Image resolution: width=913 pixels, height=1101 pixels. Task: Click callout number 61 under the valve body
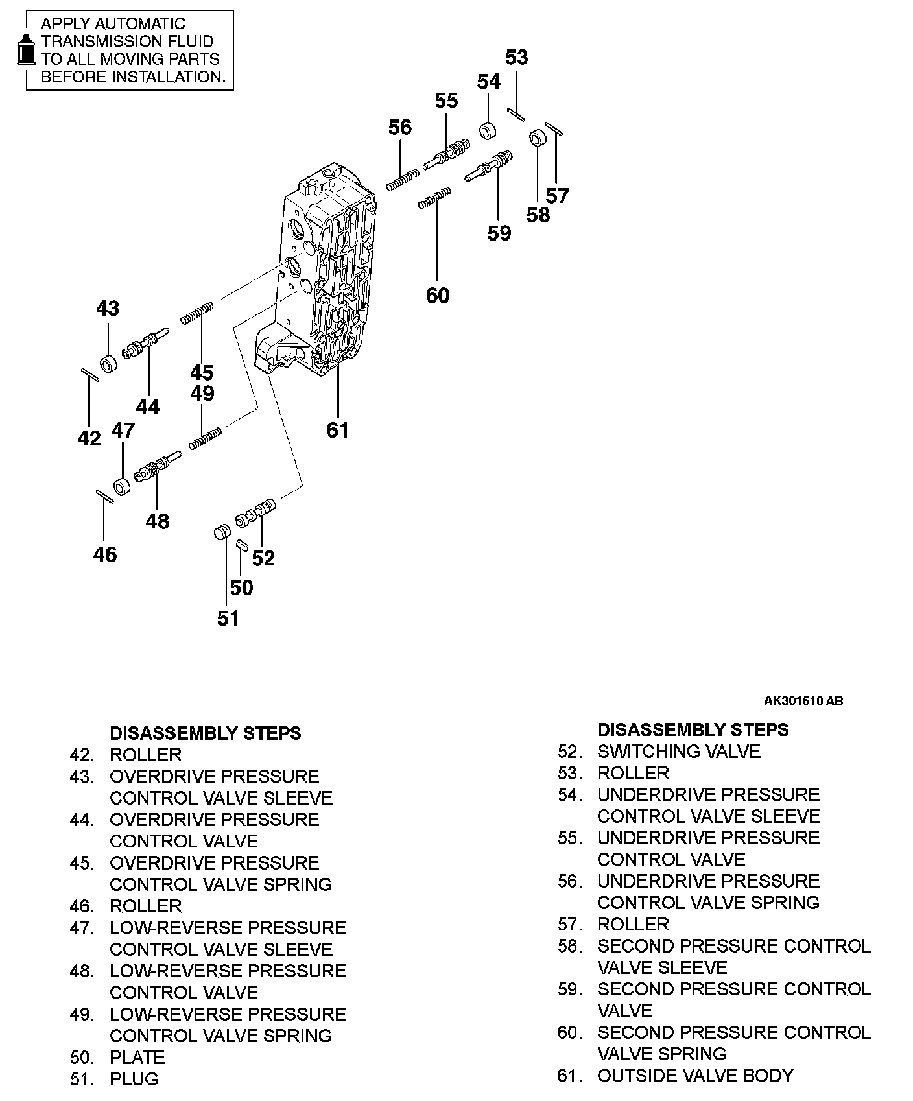click(x=337, y=430)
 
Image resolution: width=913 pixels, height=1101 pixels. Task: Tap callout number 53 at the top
click(x=516, y=58)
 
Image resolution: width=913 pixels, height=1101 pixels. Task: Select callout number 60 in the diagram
click(x=438, y=295)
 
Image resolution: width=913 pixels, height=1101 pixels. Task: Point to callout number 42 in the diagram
click(x=89, y=438)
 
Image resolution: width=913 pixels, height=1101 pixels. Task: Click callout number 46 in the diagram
click(x=105, y=554)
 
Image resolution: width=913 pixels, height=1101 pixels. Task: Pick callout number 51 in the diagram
click(x=228, y=619)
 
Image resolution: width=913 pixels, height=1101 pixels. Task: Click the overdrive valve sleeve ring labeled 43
click(x=108, y=364)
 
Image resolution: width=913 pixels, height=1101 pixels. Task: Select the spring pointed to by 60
click(x=434, y=198)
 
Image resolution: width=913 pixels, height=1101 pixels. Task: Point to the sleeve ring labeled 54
click(x=488, y=130)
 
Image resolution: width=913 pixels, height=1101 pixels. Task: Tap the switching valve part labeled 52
click(x=255, y=512)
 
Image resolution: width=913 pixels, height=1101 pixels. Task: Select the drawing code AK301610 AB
click(x=803, y=700)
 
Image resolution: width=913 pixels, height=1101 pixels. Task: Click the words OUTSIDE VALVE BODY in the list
click(x=695, y=1076)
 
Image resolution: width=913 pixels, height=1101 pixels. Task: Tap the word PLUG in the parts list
click(x=134, y=1079)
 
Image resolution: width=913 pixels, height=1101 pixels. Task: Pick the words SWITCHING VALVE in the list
click(x=679, y=752)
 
